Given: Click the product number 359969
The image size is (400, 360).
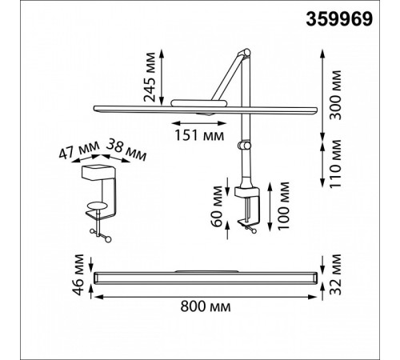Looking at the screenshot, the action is click(339, 19).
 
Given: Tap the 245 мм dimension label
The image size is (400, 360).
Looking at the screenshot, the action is click(150, 77).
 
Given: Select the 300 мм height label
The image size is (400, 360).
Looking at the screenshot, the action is click(336, 95).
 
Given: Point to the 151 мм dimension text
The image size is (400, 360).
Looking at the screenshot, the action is click(199, 135).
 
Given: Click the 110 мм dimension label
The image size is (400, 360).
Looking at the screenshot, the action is click(336, 164).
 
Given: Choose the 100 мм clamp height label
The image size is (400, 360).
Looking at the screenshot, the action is click(283, 206).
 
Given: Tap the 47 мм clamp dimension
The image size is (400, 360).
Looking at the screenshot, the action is click(79, 150).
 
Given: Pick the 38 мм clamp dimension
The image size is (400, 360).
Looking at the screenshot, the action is click(126, 150).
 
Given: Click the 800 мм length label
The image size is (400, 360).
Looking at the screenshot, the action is click(206, 306).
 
